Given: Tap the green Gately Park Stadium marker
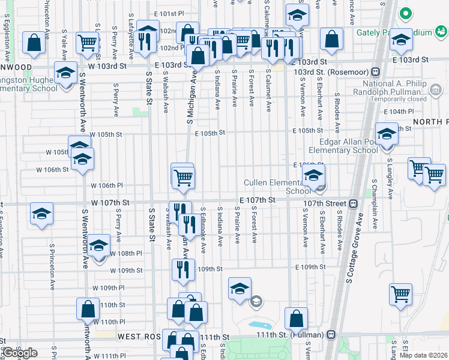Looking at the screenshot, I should point(406,13).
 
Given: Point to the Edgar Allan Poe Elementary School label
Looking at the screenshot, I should point(341,146).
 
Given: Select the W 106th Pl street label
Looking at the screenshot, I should point(107,185).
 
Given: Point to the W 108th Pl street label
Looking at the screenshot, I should point(126,254).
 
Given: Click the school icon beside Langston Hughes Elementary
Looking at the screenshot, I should point(64,74).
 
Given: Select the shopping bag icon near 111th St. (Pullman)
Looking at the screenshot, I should point(296,319).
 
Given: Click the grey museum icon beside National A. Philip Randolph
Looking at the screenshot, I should point(436,91).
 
